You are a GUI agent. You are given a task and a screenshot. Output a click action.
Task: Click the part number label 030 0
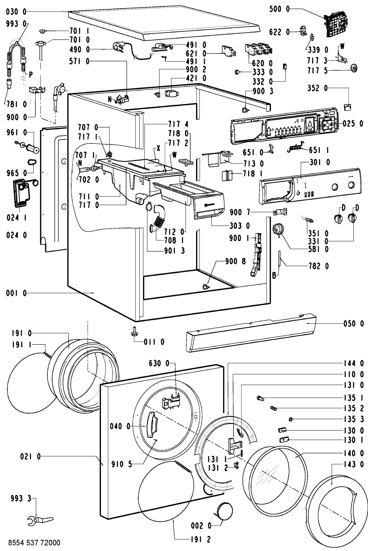point(16,12)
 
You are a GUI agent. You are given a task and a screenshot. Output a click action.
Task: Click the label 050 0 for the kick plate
point(353,324)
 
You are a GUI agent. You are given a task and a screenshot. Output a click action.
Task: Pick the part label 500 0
point(280,10)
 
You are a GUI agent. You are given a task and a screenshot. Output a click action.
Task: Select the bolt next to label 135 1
point(260,398)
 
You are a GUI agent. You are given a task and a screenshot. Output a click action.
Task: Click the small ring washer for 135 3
point(291,420)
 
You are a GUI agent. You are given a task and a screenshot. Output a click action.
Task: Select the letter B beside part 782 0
point(274,276)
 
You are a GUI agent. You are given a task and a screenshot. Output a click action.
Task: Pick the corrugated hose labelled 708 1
point(158,221)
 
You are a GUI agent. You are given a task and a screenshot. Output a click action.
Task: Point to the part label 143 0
point(353,464)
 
